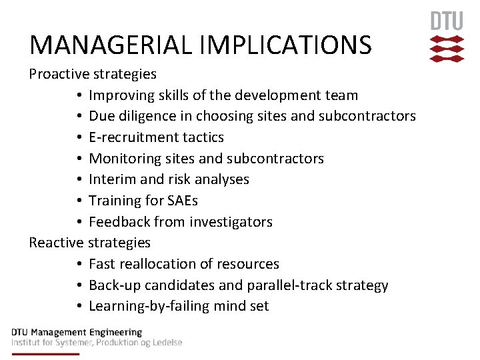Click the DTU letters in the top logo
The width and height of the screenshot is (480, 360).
click(446, 21)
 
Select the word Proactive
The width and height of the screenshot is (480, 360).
click(59, 73)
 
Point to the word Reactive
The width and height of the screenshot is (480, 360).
click(56, 243)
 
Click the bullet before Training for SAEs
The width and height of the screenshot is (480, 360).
click(79, 201)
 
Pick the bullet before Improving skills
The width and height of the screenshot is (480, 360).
click(79, 95)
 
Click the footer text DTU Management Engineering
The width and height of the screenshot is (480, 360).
click(77, 332)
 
